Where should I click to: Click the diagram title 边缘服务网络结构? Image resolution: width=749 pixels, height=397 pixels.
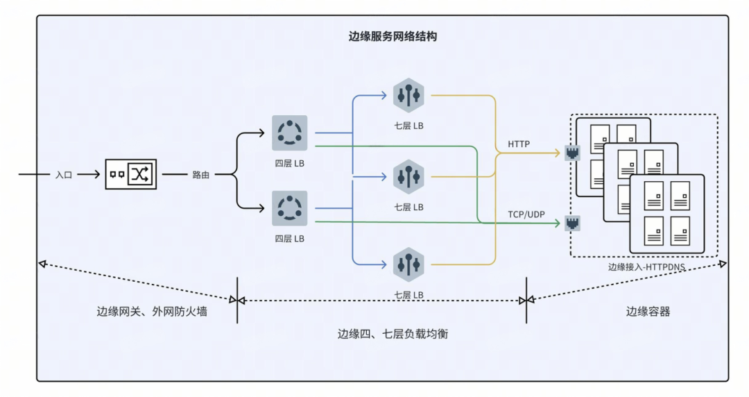pos(393,37)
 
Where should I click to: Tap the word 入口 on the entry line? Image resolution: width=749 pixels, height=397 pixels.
pos(64,175)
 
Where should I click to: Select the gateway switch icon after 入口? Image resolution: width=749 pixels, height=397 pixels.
pos(131,174)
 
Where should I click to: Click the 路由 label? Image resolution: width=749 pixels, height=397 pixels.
pos(201,175)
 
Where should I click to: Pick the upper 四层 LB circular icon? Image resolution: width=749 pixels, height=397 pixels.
pos(289,133)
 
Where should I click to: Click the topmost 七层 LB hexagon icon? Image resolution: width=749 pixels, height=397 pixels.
pos(408,95)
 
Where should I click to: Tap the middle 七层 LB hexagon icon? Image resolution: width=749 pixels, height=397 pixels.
pos(408,176)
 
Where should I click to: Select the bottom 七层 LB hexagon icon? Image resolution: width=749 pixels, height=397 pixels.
pos(408,264)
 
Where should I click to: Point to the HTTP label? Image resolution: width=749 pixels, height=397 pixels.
pos(519,144)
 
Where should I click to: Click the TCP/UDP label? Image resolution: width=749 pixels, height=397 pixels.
pos(525,214)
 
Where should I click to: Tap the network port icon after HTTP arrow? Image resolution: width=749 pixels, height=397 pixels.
pos(572,153)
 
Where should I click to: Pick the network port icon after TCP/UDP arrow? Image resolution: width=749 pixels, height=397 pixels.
pos(572,223)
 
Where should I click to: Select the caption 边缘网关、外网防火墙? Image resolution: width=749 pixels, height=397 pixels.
pos(152,312)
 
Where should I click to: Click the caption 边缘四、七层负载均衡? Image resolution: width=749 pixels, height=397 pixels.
pos(393,333)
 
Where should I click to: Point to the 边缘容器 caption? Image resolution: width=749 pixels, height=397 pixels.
pos(648,312)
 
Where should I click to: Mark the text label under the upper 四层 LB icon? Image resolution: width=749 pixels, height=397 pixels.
pos(289,164)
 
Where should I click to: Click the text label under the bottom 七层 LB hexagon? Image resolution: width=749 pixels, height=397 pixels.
pos(408,294)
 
